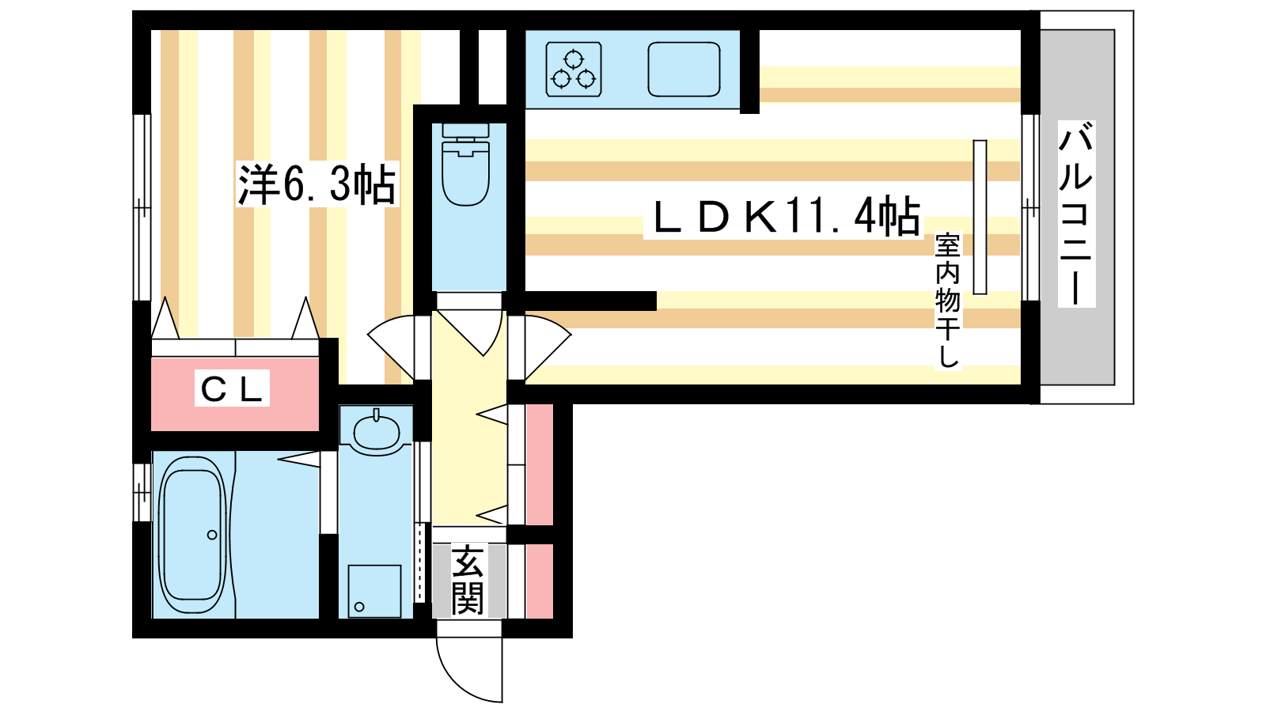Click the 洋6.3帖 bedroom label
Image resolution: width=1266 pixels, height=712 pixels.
click(x=317, y=184)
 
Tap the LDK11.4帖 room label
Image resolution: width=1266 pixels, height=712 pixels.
click(x=787, y=217)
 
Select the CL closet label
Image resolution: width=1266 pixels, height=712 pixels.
click(x=233, y=388)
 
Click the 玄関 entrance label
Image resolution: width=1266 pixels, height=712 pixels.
click(x=468, y=579)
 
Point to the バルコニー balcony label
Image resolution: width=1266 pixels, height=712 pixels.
click(x=1075, y=214)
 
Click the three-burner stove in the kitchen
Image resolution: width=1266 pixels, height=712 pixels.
click(x=573, y=69)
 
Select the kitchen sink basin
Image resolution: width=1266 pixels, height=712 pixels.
click(x=684, y=69)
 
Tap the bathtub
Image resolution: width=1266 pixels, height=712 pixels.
click(x=192, y=535)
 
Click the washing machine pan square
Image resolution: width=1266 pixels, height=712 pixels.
click(x=374, y=591)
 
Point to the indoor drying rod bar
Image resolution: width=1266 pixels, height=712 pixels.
click(x=980, y=218)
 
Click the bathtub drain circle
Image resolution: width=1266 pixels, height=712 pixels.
click(x=212, y=535)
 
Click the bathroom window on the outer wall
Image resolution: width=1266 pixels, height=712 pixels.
click(x=142, y=492)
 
